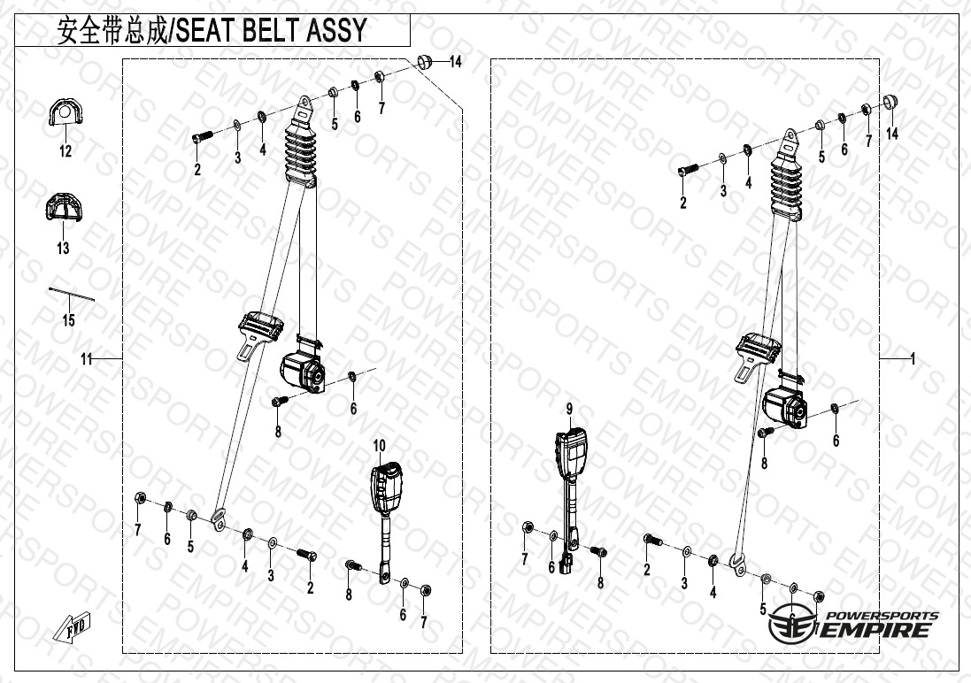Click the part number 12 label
[x=66, y=151]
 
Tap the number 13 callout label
[x=63, y=249]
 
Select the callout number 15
[x=69, y=319]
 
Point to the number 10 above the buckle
[x=379, y=445]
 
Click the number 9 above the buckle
[x=570, y=409]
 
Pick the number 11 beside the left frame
[x=86, y=358]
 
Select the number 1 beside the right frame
[x=912, y=358]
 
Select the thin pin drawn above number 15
[x=71, y=292]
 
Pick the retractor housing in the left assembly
[x=302, y=372]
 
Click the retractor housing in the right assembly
[x=784, y=408]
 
